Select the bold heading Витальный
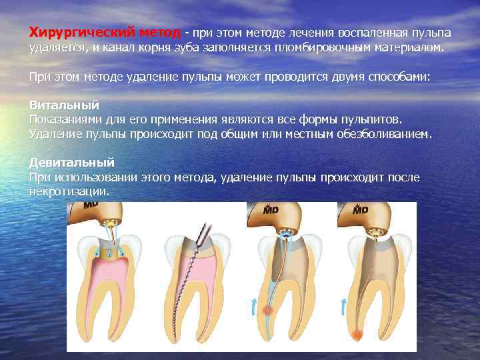tap(65, 105)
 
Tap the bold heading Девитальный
tap(72, 162)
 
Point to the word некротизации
tap(68, 191)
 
